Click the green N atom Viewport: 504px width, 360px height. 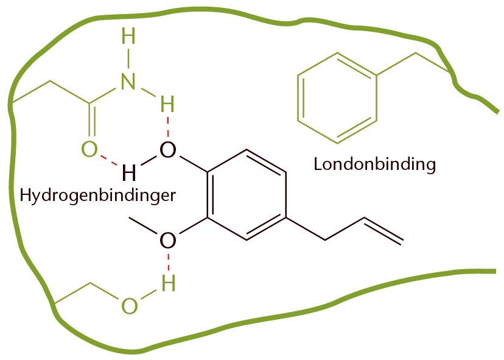click(128, 81)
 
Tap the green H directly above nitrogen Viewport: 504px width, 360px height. click(128, 36)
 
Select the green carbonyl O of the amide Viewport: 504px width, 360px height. click(89, 149)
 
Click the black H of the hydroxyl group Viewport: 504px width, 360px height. click(129, 172)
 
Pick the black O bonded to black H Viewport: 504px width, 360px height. click(168, 150)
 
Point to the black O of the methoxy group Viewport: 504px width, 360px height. click(168, 240)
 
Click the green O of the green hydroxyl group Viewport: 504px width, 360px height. click(130, 306)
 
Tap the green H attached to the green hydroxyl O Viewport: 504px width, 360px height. click(168, 283)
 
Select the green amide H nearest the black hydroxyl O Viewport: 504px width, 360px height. click(167, 104)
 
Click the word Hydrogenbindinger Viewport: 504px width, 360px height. click(98, 195)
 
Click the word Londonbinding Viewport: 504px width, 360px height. click(374, 164)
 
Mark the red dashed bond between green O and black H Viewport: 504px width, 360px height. click(109, 161)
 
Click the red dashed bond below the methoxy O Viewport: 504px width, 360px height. click(168, 262)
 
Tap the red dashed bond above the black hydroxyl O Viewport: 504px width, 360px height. click(168, 127)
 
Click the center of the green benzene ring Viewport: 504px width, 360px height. click(337, 98)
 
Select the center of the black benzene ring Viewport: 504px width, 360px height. click(247, 195)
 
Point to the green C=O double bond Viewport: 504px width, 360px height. click(92, 121)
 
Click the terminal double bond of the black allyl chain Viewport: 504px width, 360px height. click(382, 231)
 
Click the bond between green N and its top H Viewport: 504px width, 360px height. click(128, 58)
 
